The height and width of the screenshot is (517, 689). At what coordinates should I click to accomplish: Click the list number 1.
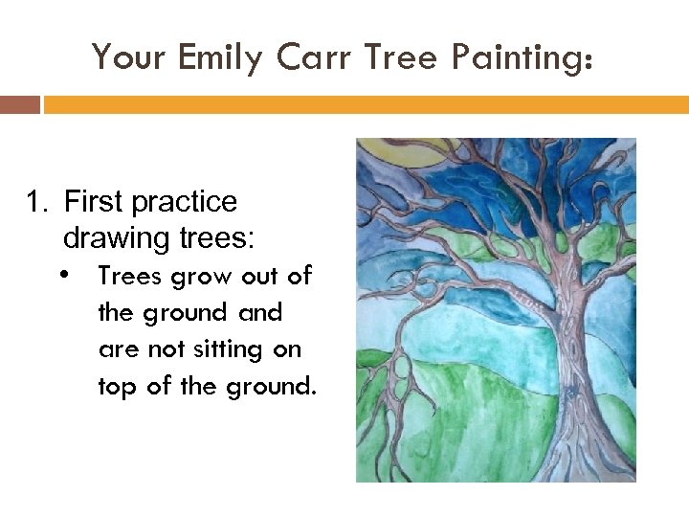[x=35, y=202]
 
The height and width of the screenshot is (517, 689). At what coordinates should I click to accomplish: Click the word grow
[x=205, y=277]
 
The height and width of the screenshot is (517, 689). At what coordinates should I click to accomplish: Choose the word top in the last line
[x=117, y=388]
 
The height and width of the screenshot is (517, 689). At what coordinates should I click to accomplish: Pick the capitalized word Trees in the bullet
[x=130, y=276]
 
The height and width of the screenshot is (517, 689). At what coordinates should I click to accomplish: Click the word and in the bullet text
[x=260, y=312]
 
